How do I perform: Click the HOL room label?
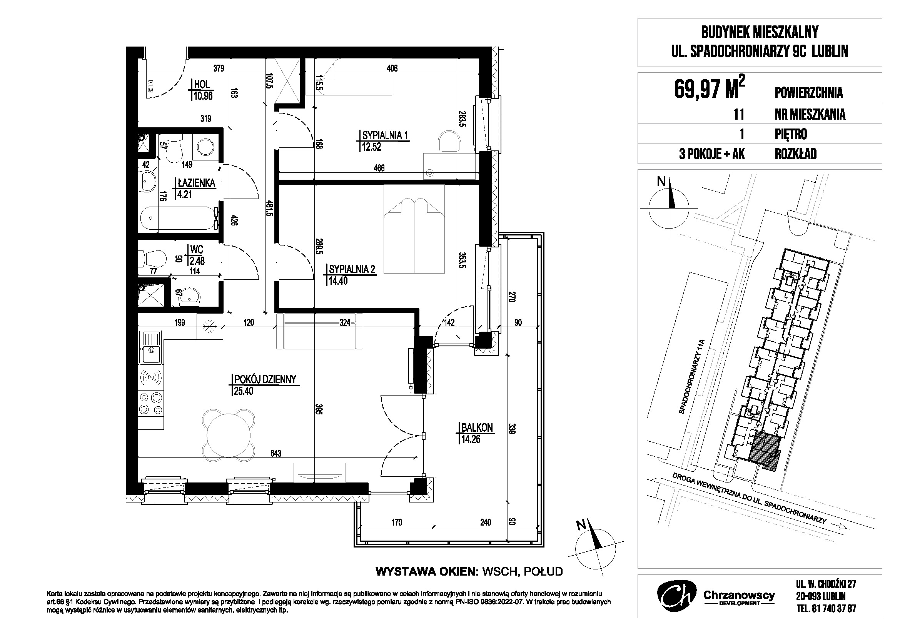(202, 84)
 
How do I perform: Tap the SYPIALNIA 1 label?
(385, 135)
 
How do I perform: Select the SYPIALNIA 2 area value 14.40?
(338, 280)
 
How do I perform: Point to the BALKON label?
(477, 427)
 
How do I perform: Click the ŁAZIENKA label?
(196, 183)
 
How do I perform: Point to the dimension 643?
(276, 453)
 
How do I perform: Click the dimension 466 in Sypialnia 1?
(379, 168)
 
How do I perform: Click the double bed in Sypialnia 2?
(414, 229)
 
